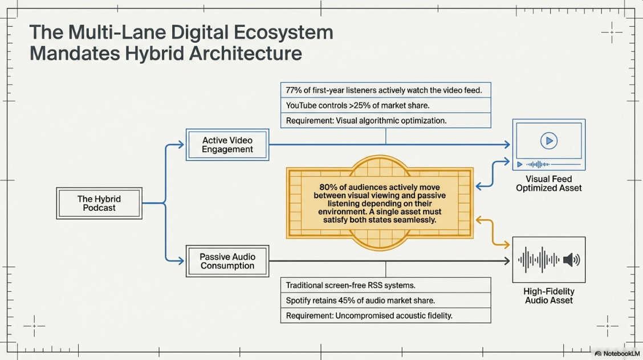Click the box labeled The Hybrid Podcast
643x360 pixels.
tap(99, 203)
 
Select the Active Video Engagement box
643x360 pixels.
tap(227, 145)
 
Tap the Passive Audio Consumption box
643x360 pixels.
tap(227, 261)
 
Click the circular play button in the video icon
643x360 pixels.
tap(549, 141)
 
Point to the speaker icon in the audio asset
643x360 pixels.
tap(571, 260)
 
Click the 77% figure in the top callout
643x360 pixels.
tap(294, 90)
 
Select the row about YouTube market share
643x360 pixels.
tap(385, 105)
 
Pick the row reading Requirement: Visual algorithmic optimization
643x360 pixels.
tap(385, 120)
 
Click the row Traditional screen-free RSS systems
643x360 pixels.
tap(385, 285)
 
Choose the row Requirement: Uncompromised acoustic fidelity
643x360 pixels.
tap(385, 316)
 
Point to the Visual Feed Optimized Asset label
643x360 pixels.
tap(549, 183)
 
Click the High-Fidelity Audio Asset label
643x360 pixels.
tap(549, 296)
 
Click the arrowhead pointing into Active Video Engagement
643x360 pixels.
tap(181, 145)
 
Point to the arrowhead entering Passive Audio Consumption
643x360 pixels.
tap(181, 261)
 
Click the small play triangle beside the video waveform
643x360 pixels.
tap(519, 164)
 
